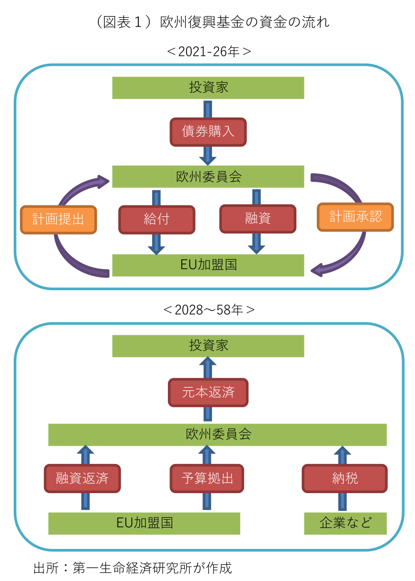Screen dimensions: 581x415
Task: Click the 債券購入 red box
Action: click(x=208, y=132)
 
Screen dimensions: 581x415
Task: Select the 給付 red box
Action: click(x=157, y=219)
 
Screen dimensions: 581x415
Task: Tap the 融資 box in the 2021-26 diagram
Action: click(x=257, y=219)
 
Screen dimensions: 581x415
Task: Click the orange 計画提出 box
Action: click(x=58, y=220)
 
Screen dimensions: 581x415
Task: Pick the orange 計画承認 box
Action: click(x=355, y=217)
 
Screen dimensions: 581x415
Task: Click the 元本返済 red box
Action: click(x=208, y=393)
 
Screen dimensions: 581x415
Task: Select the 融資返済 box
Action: click(x=82, y=478)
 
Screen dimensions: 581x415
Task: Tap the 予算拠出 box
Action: click(x=207, y=478)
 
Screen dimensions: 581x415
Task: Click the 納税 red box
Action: click(x=344, y=478)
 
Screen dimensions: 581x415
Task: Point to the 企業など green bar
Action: click(x=345, y=523)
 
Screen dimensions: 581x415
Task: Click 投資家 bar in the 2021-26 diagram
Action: click(x=208, y=88)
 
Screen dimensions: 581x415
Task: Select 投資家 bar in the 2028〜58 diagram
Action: click(x=208, y=346)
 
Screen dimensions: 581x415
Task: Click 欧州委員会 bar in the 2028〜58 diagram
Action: click(x=217, y=434)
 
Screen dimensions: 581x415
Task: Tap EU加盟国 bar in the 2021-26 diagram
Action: click(x=208, y=265)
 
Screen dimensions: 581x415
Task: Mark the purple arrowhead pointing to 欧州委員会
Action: click(x=103, y=181)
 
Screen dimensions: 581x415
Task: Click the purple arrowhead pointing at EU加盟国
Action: click(x=317, y=270)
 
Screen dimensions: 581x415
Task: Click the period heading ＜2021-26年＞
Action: click(x=208, y=52)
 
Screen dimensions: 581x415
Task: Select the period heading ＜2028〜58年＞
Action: click(x=208, y=310)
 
